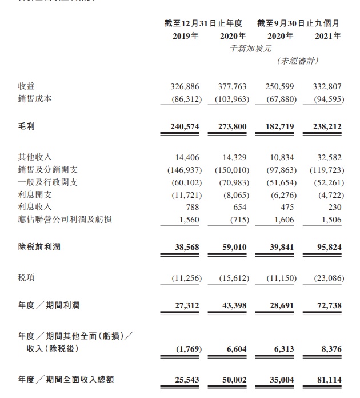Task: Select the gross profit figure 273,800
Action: (232, 125)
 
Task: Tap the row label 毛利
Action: (26, 125)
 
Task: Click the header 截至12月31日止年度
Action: (203, 23)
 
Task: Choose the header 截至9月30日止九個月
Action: (298, 23)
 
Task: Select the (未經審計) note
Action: (298, 61)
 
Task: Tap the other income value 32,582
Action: (328, 157)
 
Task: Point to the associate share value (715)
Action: (235, 219)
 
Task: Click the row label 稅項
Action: (26, 278)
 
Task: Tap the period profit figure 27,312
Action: (186, 306)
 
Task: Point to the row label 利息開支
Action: (35, 194)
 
